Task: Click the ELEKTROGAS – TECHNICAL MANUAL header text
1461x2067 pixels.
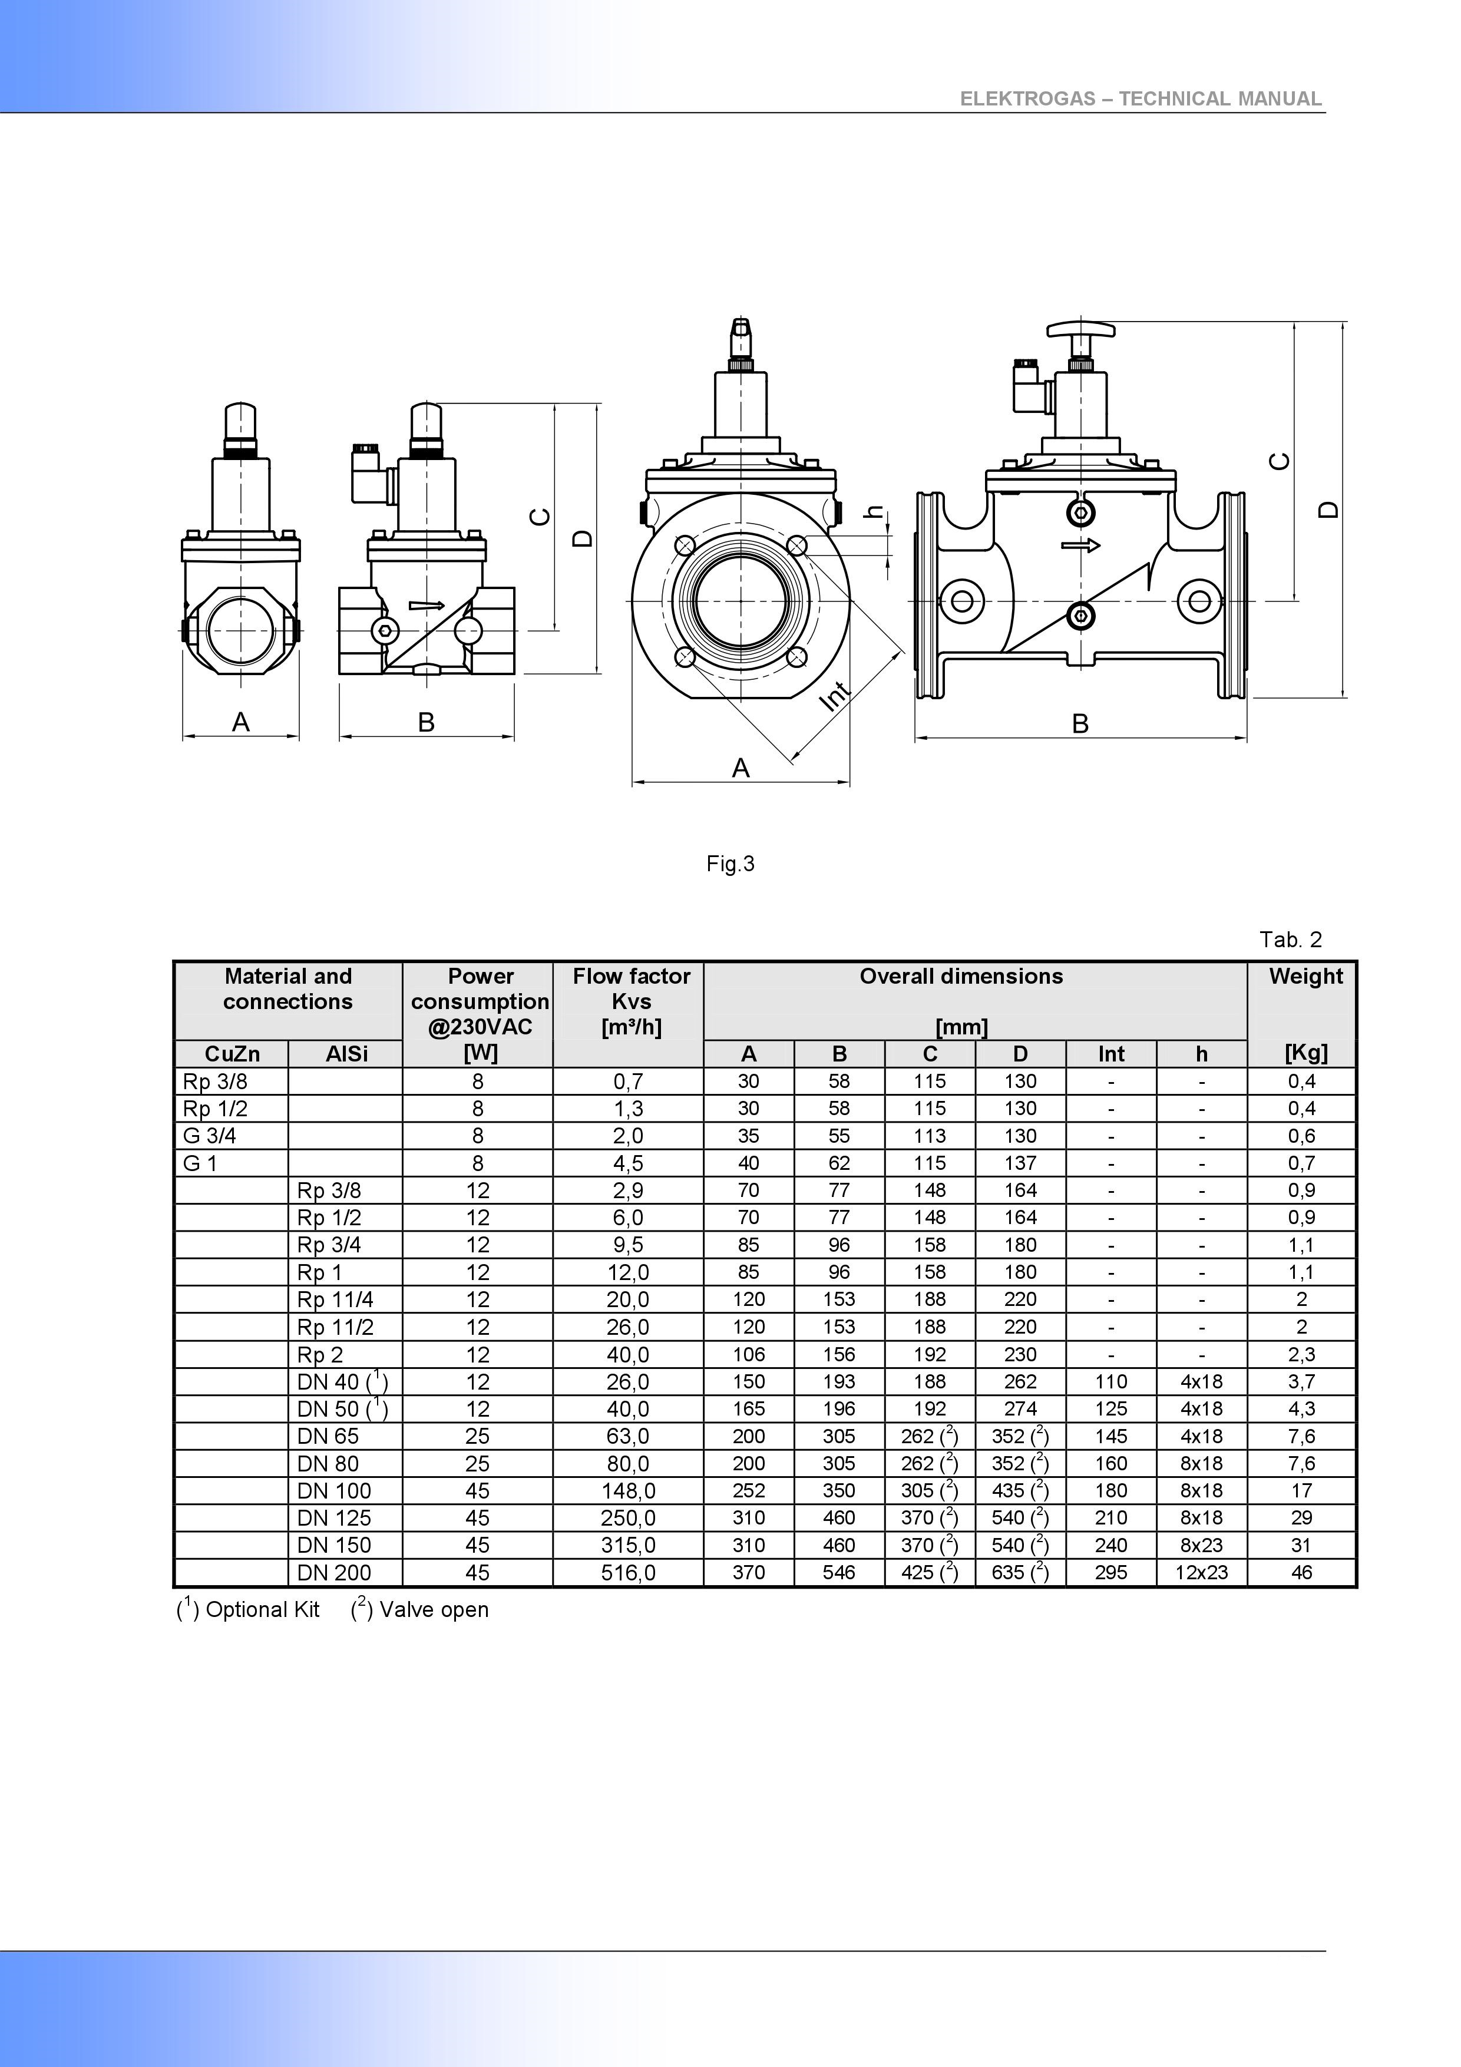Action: (x=1139, y=99)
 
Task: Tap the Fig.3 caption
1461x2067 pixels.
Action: (x=730, y=864)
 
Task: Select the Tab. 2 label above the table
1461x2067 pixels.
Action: (x=1290, y=940)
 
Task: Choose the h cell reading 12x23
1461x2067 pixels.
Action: (x=1201, y=1573)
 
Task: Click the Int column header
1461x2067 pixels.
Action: (x=1111, y=1054)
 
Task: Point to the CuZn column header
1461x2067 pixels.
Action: (x=232, y=1054)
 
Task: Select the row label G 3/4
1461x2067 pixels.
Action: (x=210, y=1136)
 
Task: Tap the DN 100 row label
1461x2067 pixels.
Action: (x=334, y=1491)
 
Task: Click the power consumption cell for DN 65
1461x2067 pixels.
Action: (x=477, y=1436)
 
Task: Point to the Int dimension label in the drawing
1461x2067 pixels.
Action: (x=837, y=696)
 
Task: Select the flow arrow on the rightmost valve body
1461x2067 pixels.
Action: (x=1080, y=545)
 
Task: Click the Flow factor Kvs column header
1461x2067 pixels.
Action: (x=631, y=1001)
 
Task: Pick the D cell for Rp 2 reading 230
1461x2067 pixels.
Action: (x=1020, y=1355)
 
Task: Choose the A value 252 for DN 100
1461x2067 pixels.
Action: (x=748, y=1491)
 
